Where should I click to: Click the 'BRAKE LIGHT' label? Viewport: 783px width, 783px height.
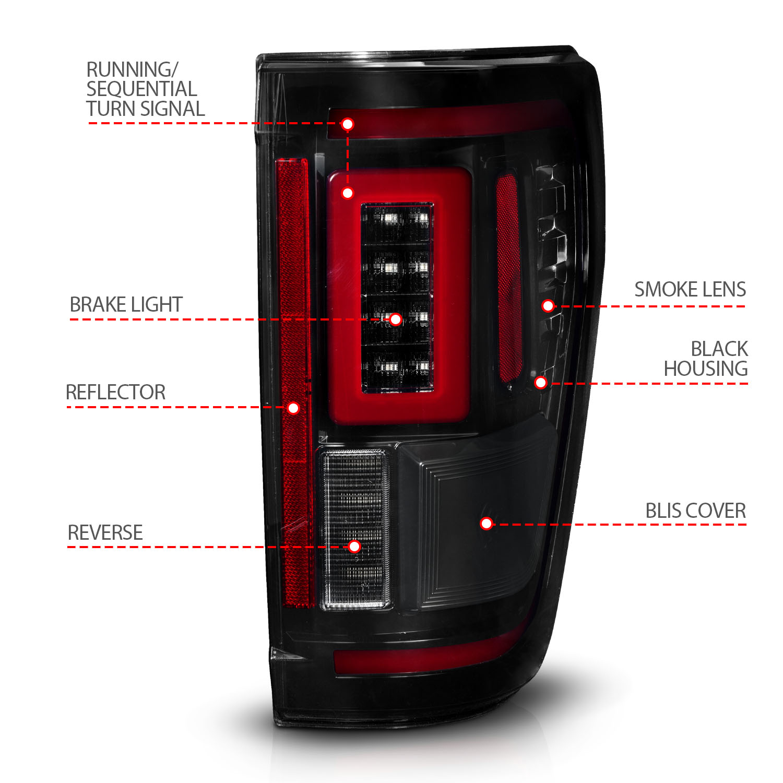(126, 305)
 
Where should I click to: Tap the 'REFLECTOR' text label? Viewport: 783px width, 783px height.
(115, 393)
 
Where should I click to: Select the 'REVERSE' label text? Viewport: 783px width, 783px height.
(105, 533)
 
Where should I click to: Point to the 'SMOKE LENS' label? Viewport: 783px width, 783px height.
(690, 290)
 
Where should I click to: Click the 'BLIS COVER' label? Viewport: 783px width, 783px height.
(695, 511)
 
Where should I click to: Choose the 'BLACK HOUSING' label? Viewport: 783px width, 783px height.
(706, 359)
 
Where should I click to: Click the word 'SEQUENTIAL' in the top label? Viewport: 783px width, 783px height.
(141, 89)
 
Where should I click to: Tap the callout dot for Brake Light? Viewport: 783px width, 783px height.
(396, 319)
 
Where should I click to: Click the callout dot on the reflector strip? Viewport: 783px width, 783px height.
(293, 408)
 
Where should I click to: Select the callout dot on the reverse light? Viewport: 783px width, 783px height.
(354, 547)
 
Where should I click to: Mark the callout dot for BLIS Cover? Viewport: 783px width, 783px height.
(487, 523)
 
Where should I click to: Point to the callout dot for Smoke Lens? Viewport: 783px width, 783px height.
(548, 306)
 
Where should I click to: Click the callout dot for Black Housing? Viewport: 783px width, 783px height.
(541, 383)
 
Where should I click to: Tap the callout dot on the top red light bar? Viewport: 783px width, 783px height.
(348, 124)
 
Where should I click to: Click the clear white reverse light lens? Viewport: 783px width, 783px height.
(355, 501)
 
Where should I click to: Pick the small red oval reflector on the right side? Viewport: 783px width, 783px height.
(508, 277)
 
